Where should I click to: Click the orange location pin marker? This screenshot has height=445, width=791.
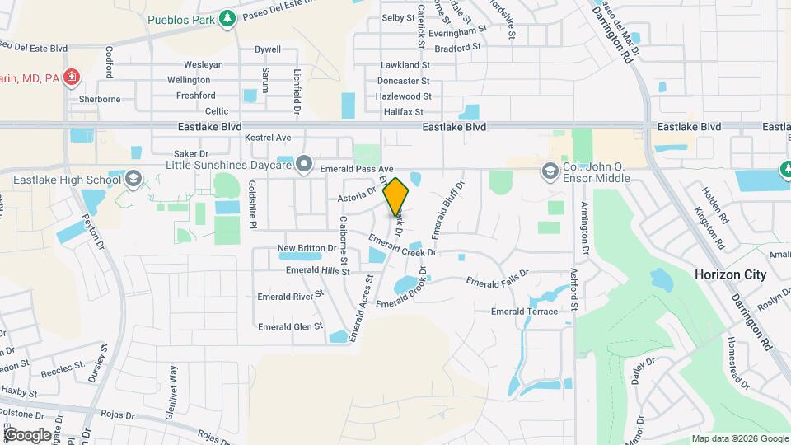point(396,196)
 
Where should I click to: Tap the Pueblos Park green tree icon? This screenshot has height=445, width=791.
point(227,18)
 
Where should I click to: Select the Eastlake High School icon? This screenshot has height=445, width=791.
point(132,179)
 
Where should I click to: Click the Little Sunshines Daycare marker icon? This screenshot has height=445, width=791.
point(304,165)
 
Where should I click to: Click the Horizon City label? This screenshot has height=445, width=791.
point(730,274)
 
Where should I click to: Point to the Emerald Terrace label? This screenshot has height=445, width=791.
point(524,311)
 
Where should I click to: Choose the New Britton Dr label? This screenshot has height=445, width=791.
point(307,247)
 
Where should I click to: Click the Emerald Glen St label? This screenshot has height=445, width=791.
point(290,326)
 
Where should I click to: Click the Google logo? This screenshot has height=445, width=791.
point(27,434)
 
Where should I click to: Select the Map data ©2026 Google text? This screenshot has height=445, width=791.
point(739,438)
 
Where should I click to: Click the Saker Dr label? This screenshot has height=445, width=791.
point(191,153)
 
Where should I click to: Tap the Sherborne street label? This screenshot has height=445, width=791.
point(100,99)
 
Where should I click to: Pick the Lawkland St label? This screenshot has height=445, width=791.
point(405,65)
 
